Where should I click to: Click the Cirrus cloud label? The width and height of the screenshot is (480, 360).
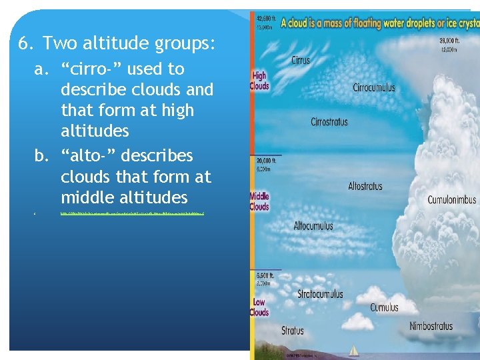(301, 61)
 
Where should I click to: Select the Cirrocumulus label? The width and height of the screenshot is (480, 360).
(373, 87)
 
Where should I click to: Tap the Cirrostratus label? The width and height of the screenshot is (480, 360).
(329, 122)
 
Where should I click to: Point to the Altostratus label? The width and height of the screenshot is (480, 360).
(365, 186)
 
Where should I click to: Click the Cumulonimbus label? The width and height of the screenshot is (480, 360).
(451, 199)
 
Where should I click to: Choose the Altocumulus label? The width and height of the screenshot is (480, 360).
(313, 226)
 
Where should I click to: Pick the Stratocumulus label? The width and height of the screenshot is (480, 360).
(320, 294)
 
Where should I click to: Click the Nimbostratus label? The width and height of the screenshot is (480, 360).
(431, 326)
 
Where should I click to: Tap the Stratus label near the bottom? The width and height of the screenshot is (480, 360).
(293, 330)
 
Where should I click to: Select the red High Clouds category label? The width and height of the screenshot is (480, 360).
(259, 81)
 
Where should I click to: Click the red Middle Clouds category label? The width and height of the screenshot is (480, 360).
(259, 201)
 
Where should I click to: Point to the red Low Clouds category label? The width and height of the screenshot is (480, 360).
(259, 307)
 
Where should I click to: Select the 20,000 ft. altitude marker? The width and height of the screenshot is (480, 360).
(263, 161)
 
